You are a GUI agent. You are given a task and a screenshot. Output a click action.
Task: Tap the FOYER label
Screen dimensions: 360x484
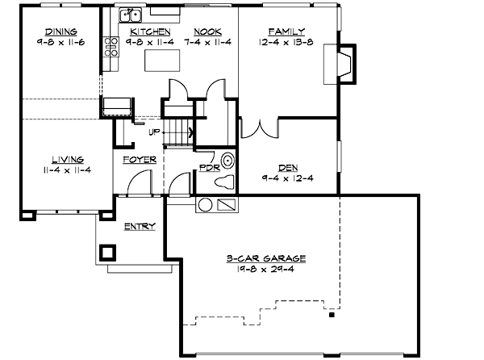139,159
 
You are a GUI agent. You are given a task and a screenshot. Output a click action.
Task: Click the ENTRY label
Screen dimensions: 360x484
139,227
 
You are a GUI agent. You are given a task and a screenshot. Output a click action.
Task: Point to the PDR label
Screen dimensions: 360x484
208,168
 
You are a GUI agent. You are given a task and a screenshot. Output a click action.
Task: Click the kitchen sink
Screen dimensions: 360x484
130,15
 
